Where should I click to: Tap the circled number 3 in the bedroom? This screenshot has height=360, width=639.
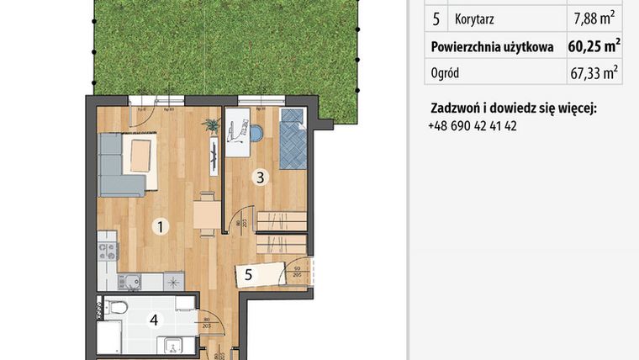(x=261, y=177)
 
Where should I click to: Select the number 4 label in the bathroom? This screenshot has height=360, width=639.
(x=154, y=319)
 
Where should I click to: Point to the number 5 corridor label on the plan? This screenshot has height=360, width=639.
(x=249, y=273)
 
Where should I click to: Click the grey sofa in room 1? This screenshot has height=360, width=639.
(x=118, y=164)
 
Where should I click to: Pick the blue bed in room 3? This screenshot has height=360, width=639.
(x=293, y=139)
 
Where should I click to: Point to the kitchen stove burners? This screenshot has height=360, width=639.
(x=108, y=251)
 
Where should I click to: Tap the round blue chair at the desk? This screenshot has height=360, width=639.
(x=257, y=131)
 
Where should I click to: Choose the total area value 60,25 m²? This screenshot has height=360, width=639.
(x=594, y=45)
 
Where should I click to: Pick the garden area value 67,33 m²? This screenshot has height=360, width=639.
(x=594, y=72)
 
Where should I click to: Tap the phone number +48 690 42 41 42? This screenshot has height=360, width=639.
(x=472, y=125)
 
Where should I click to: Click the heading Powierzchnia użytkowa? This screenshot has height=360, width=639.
(x=492, y=45)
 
